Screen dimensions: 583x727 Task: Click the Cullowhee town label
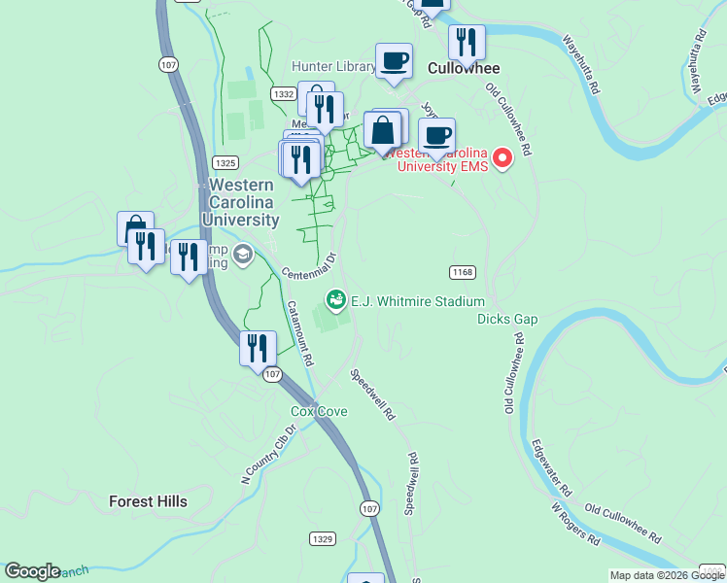(464, 68)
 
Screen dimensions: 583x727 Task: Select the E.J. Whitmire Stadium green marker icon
(336, 300)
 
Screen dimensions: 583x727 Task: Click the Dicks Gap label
(506, 319)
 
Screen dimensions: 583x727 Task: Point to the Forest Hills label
(148, 501)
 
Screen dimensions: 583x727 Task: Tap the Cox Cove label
(319, 412)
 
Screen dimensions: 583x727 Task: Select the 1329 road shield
(324, 538)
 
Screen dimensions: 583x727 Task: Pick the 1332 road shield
(284, 94)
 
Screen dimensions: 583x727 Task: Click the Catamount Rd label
(299, 331)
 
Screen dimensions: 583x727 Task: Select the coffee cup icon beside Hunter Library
(394, 60)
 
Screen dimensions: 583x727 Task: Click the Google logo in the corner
(32, 572)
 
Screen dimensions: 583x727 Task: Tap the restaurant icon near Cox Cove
(257, 347)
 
